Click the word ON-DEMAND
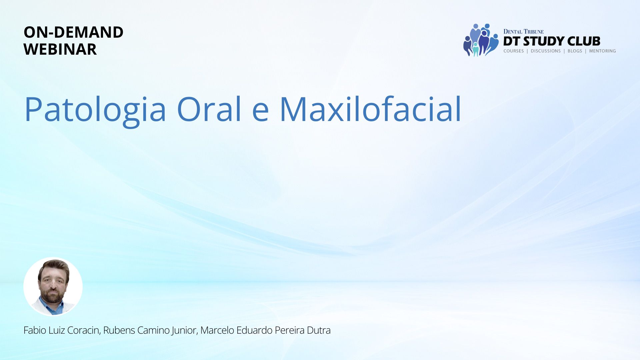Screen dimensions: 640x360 (x=73, y=32)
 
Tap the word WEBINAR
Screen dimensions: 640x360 (x=60, y=49)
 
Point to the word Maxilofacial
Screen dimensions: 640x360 (x=370, y=109)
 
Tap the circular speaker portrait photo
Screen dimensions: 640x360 (x=53, y=286)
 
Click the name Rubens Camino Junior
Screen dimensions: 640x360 (x=150, y=330)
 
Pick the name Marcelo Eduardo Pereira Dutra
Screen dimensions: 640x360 (x=265, y=330)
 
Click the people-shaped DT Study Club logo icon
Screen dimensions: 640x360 (x=481, y=40)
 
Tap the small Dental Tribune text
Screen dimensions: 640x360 (x=523, y=32)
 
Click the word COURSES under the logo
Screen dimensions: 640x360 (x=514, y=51)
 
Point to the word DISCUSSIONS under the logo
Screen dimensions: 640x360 (x=546, y=51)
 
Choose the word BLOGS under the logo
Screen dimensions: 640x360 (x=575, y=51)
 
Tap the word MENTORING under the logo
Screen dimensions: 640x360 (x=602, y=51)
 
